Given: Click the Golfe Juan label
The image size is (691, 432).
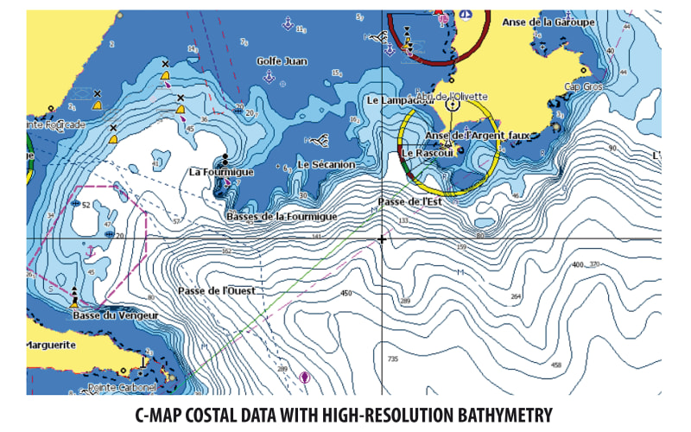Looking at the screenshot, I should click(282, 61).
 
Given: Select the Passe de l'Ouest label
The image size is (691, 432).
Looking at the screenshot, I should click(216, 291).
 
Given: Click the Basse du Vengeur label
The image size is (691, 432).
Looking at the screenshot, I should click(115, 316).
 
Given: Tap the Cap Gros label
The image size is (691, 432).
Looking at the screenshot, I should click(583, 87).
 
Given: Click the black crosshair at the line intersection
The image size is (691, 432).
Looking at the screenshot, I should click(381, 238).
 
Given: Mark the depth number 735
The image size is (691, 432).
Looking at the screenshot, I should click(394, 359).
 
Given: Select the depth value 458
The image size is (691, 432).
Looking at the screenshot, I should click(556, 365).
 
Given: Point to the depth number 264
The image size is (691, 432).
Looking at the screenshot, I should click(517, 296).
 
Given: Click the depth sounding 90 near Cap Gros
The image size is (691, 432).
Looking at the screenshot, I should click(612, 148).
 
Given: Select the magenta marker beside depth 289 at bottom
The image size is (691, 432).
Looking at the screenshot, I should click(304, 377).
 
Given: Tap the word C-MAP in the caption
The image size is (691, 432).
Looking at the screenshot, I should click(164, 416).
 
